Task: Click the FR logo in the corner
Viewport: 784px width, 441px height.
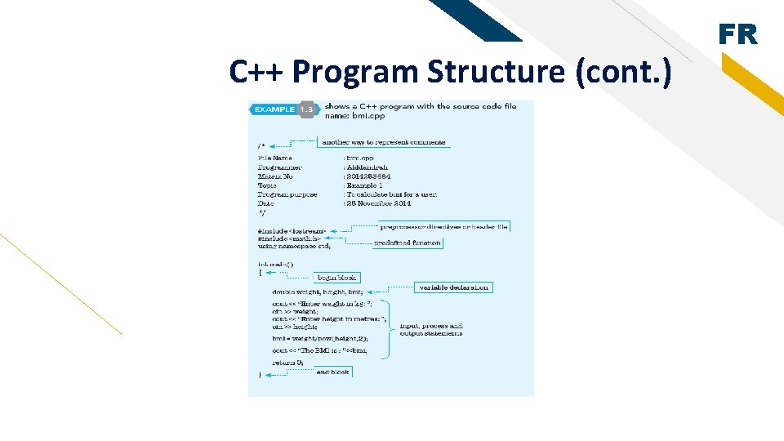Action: tap(737, 34)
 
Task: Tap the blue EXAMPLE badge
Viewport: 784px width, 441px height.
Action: tap(274, 109)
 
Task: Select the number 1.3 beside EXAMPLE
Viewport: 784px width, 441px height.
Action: tap(307, 109)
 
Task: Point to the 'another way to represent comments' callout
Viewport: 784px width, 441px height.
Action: tap(383, 142)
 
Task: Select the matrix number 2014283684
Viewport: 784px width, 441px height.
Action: tap(369, 176)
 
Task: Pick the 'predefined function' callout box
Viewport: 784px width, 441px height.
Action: tap(408, 243)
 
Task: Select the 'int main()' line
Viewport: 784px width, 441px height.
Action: tap(275, 264)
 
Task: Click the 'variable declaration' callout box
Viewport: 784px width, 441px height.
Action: tap(455, 287)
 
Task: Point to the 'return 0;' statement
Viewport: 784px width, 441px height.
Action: tap(288, 362)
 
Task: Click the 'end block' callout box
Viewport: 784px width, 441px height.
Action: tap(332, 372)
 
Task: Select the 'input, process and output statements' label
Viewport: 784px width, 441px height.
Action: tap(431, 329)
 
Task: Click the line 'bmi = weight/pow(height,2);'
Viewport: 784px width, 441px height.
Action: tap(320, 338)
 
